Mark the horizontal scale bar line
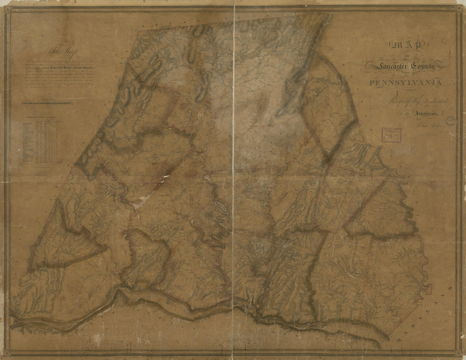tap(47, 103)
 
